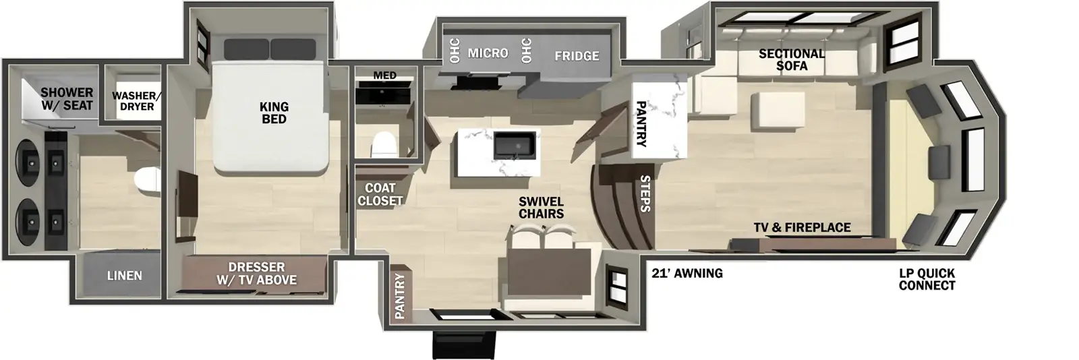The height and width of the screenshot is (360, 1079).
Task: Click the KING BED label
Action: pos(274,113)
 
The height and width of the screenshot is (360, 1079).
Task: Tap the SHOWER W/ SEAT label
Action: pos(67,98)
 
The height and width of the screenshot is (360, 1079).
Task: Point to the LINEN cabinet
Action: pos(124,275)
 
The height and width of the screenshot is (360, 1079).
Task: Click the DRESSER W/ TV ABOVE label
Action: pos(257,273)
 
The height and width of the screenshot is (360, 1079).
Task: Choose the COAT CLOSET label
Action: pos(380,194)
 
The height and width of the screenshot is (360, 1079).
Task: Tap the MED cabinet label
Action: pos(384,76)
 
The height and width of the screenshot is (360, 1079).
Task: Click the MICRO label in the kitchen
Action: pos(488,53)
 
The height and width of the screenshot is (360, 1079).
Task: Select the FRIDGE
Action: pos(577,56)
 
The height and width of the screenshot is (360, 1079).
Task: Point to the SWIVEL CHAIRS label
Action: pos(541,208)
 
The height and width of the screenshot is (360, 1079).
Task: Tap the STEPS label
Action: pos(644,193)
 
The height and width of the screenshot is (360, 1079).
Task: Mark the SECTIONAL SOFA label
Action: pos(791,59)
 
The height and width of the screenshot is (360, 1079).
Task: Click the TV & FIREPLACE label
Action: pos(802,228)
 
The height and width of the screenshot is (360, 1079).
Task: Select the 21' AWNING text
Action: pos(687,273)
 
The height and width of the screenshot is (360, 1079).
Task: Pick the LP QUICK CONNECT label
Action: pos(927,279)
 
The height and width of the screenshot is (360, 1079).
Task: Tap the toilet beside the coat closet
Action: pos(386,144)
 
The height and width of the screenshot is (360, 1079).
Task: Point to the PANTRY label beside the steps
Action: pos(641,124)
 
